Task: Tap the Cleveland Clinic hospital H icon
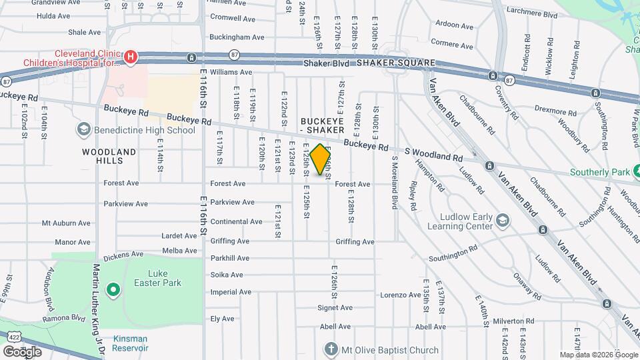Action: point(131,57)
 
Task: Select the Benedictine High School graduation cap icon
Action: point(84,129)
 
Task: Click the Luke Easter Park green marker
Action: point(113,289)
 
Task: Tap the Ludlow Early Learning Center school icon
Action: point(503,221)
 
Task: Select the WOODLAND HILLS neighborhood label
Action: point(109,156)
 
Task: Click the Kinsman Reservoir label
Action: point(130,343)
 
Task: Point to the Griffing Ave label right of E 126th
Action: point(355,241)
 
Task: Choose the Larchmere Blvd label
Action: point(531,13)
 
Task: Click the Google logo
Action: point(22,351)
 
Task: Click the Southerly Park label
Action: point(599,172)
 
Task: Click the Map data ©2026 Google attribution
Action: point(597,355)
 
